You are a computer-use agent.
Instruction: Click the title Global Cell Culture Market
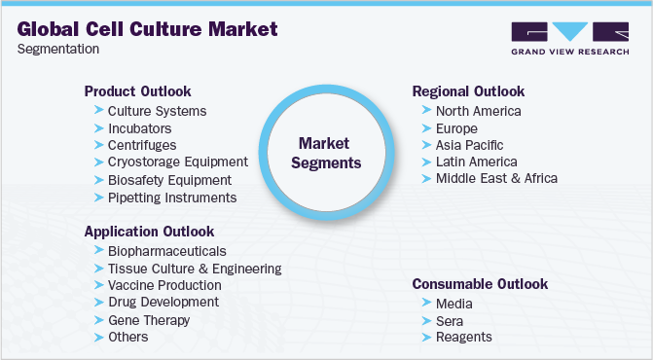coord(147,28)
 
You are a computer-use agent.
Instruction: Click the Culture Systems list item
coord(157,111)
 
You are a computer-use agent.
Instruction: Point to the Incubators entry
coord(139,128)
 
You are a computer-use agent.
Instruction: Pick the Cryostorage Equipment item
coord(177,162)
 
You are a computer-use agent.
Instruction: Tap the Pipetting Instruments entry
coord(172,198)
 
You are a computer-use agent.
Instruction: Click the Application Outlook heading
coord(149,232)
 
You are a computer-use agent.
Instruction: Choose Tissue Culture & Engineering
coord(195,268)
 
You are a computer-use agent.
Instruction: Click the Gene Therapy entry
coord(149,320)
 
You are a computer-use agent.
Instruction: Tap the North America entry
coord(478,111)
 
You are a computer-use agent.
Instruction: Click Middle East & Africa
coord(496,179)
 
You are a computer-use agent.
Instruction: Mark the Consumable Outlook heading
coord(480,284)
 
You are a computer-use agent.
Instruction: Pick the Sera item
coord(449,320)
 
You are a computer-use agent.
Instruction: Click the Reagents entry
coord(463,337)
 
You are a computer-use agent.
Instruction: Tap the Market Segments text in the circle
coord(328,153)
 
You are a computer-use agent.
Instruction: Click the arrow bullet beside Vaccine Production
coord(98,285)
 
